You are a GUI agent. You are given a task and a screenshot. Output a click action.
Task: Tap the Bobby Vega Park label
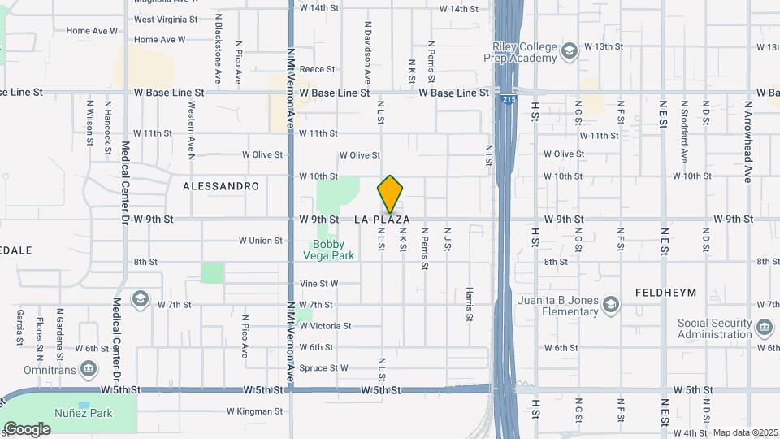pyautogui.click(x=329, y=250)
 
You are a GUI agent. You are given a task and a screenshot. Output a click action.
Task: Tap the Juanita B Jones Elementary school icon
pyautogui.click(x=610, y=305)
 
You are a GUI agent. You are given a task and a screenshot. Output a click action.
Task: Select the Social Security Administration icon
pyautogui.click(x=764, y=328)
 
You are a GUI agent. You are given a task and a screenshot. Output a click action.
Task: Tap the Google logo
pyautogui.click(x=26, y=428)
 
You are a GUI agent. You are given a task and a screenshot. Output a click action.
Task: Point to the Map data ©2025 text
pyautogui.click(x=746, y=432)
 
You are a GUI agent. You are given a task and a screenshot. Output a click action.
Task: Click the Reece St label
pyautogui.click(x=318, y=70)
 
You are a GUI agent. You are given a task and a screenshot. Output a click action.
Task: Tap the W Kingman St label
pyautogui.click(x=254, y=411)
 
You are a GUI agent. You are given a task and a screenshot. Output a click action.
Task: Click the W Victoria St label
pyautogui.click(x=325, y=326)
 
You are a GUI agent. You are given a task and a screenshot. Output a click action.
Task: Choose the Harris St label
pyautogui.click(x=469, y=304)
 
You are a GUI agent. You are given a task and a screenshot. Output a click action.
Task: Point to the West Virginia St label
pyautogui.click(x=167, y=19)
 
